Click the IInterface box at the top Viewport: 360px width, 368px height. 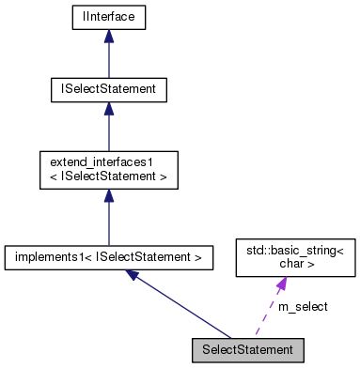point(109,17)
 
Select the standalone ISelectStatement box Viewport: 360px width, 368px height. point(109,90)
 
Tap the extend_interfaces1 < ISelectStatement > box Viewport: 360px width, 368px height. point(109,170)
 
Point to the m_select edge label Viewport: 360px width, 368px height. point(303,306)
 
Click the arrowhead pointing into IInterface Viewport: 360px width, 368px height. point(109,36)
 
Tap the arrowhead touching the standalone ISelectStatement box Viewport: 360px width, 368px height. point(109,109)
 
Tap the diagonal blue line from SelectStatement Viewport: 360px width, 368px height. point(188,308)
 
